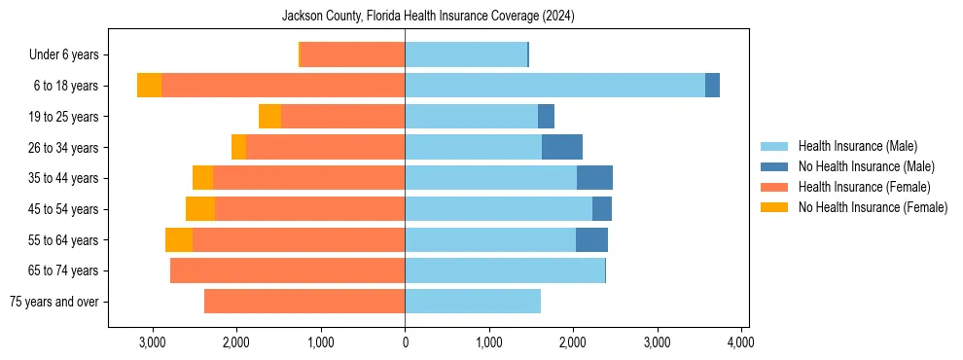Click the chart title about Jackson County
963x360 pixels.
[x=429, y=16]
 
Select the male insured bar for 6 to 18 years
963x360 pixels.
[x=554, y=86]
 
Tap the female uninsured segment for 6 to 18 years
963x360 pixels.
[x=149, y=86]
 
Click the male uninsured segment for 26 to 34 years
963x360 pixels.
[x=562, y=147]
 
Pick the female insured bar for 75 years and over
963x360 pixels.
[x=304, y=302]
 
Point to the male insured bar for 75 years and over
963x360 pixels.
[x=473, y=302]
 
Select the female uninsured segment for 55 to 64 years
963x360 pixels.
[x=179, y=240]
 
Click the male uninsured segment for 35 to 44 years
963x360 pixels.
[x=594, y=178]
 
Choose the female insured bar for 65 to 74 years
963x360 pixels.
[x=287, y=270]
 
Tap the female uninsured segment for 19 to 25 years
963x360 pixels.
[x=269, y=117]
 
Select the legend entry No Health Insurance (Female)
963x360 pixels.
[x=873, y=207]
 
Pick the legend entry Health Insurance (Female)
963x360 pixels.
[x=864, y=187]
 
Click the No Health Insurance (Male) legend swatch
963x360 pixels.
[x=775, y=166]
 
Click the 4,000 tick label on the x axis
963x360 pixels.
[x=741, y=342]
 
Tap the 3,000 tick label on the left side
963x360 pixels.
[x=152, y=342]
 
